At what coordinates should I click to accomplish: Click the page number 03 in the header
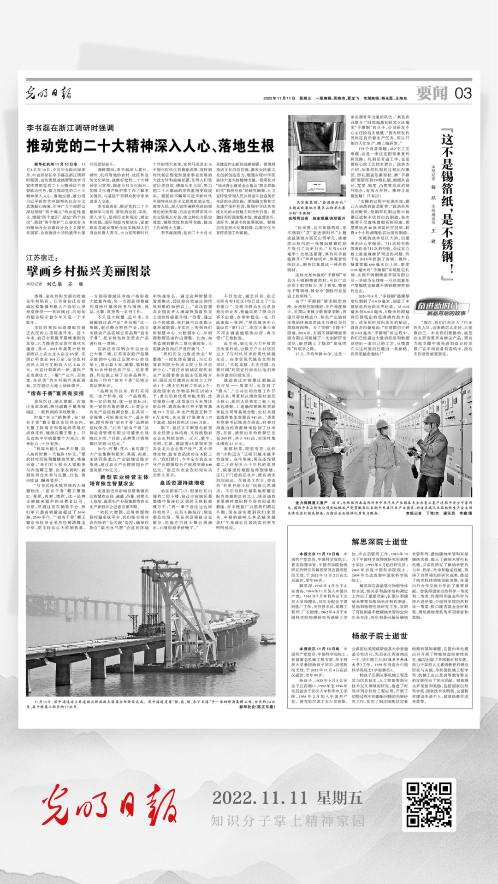pyautogui.click(x=462, y=94)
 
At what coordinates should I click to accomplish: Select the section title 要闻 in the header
pyautogui.click(x=432, y=94)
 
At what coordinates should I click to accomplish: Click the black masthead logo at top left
pyautogui.click(x=48, y=93)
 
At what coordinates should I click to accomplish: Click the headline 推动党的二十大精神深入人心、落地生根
pyautogui.click(x=150, y=146)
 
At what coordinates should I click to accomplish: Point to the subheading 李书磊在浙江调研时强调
pyautogui.click(x=70, y=128)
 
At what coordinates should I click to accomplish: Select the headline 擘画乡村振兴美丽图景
pyautogui.click(x=89, y=271)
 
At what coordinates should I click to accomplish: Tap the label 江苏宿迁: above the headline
pyautogui.click(x=41, y=258)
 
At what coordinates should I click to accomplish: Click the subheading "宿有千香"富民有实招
pyautogui.click(x=62, y=393)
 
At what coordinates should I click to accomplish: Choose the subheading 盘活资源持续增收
pyautogui.click(x=182, y=483)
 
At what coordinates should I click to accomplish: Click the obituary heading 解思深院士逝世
pyautogui.click(x=379, y=542)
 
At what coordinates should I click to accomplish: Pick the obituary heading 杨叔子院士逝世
pyautogui.click(x=379, y=636)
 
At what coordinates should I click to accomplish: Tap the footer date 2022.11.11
pyautogui.click(x=259, y=797)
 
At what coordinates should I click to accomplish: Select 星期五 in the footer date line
pyautogui.click(x=339, y=797)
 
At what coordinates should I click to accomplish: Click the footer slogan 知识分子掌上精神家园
pyautogui.click(x=288, y=820)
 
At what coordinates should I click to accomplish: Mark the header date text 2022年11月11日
pyautogui.click(x=279, y=98)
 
